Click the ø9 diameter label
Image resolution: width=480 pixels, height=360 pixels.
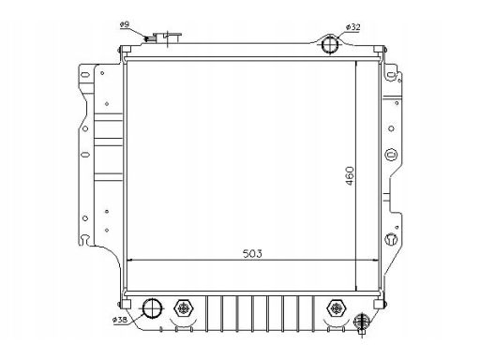click(x=125, y=24)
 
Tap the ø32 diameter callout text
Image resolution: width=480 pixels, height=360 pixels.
click(x=353, y=27)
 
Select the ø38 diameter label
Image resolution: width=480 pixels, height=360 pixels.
click(x=119, y=320)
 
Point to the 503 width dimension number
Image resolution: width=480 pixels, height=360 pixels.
click(x=252, y=253)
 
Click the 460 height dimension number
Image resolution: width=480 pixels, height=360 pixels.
click(x=351, y=175)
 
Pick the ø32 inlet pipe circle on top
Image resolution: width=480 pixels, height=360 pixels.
click(x=330, y=44)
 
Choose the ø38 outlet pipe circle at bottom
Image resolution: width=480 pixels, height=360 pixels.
click(x=152, y=307)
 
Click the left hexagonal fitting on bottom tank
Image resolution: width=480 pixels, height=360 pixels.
click(x=184, y=308)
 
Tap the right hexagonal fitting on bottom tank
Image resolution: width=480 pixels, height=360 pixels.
click(x=336, y=308)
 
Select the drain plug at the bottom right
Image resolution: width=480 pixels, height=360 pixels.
click(x=362, y=322)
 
